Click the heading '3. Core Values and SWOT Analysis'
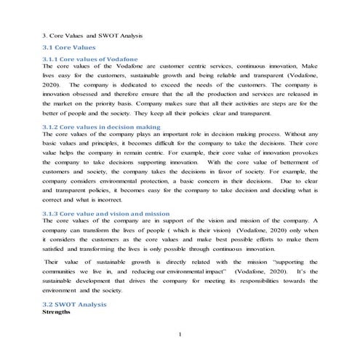91,34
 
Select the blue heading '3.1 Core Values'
70,47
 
